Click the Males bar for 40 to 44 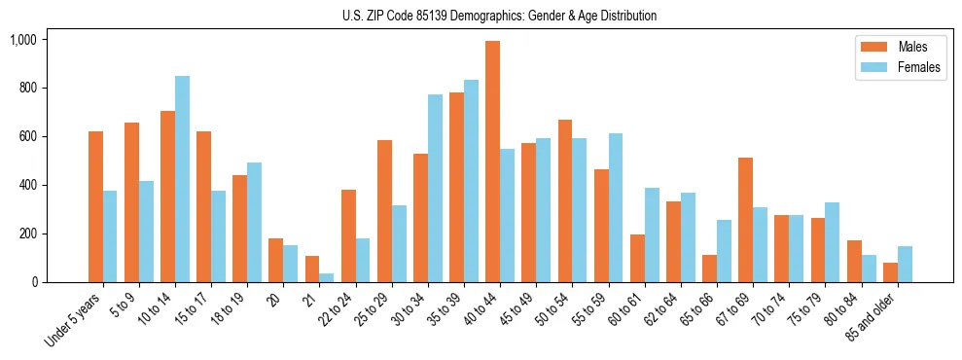coord(493,162)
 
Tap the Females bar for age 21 coord(327,277)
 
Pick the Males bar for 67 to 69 coord(746,220)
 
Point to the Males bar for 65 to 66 coord(710,269)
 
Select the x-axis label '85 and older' coord(875,315)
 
